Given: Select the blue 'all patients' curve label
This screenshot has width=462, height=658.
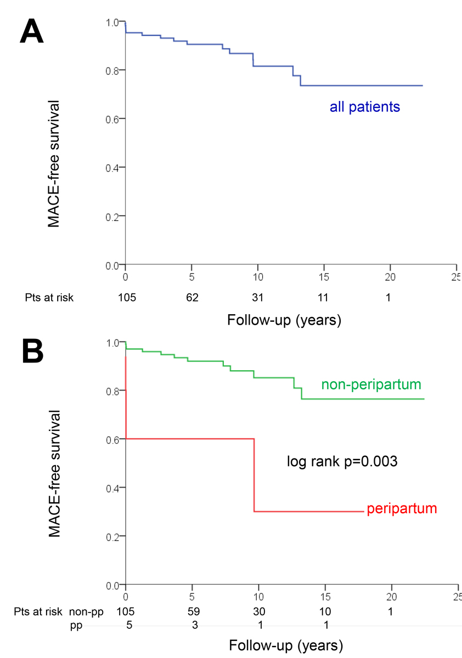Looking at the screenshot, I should pyautogui.click(x=364, y=107).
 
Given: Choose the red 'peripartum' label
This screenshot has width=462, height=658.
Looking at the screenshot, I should pyautogui.click(x=402, y=508).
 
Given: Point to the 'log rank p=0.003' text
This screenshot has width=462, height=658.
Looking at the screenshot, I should pyautogui.click(x=342, y=461).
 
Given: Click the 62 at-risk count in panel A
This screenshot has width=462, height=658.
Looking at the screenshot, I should pyautogui.click(x=191, y=298).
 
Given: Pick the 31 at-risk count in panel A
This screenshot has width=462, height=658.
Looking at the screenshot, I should pyautogui.click(x=258, y=298).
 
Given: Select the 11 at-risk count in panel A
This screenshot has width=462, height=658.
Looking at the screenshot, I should pyautogui.click(x=324, y=298).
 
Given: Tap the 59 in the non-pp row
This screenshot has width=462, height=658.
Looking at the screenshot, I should pyautogui.click(x=191, y=611).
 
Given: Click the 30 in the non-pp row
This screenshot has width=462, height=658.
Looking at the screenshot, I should pyautogui.click(x=258, y=611).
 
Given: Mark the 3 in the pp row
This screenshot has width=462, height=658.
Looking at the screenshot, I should pyautogui.click(x=191, y=624).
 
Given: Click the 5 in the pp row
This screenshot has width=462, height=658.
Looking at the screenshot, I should pyautogui.click(x=126, y=624).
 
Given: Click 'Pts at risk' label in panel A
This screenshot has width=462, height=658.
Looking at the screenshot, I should pyautogui.click(x=49, y=298).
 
